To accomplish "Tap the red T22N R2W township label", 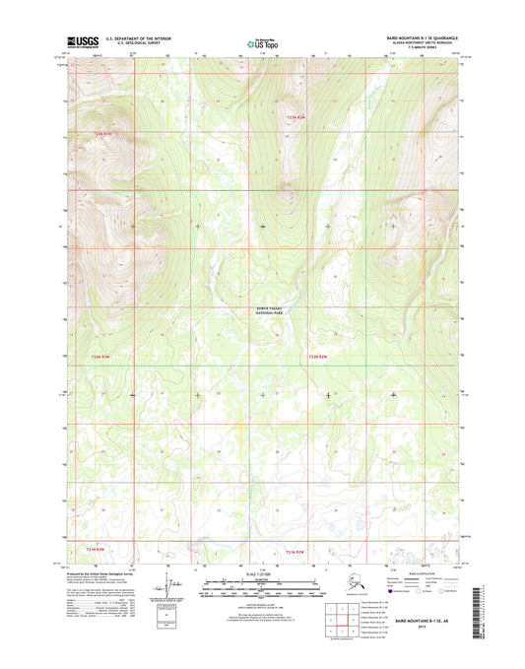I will click(x=317, y=357).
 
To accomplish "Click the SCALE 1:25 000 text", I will click(x=262, y=574).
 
